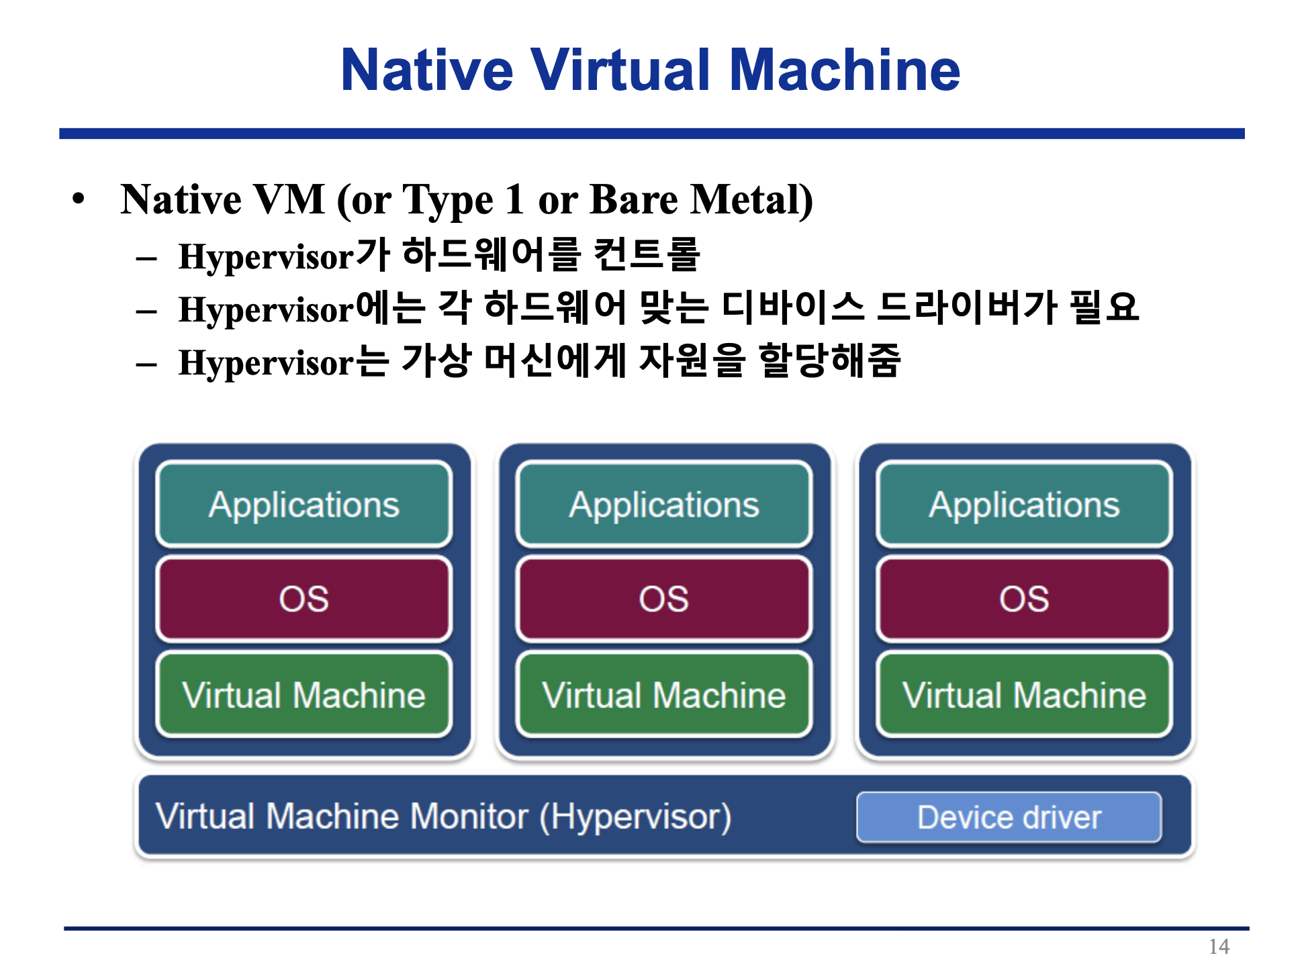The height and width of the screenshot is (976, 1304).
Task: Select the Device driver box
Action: click(1009, 817)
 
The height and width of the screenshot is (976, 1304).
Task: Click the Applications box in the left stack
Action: click(304, 504)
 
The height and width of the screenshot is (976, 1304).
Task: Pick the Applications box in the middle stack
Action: click(664, 504)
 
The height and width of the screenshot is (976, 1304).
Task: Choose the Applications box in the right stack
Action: click(1024, 504)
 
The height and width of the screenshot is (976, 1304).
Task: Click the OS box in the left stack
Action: click(304, 599)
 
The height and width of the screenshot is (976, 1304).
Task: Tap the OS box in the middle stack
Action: click(664, 599)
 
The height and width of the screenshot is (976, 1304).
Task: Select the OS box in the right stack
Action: click(1024, 599)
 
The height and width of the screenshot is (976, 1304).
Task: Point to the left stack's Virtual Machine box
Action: click(304, 695)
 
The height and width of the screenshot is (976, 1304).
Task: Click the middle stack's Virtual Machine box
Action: click(664, 695)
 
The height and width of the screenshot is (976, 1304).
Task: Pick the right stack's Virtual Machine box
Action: click(1024, 695)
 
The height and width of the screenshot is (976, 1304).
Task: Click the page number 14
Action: click(1219, 946)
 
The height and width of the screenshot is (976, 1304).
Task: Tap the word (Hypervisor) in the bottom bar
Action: click(635, 817)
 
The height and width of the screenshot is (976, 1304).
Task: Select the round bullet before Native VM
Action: click(79, 199)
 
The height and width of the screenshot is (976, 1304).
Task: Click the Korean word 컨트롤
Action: click(647, 255)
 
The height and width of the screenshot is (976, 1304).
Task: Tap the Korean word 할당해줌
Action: click(829, 361)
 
